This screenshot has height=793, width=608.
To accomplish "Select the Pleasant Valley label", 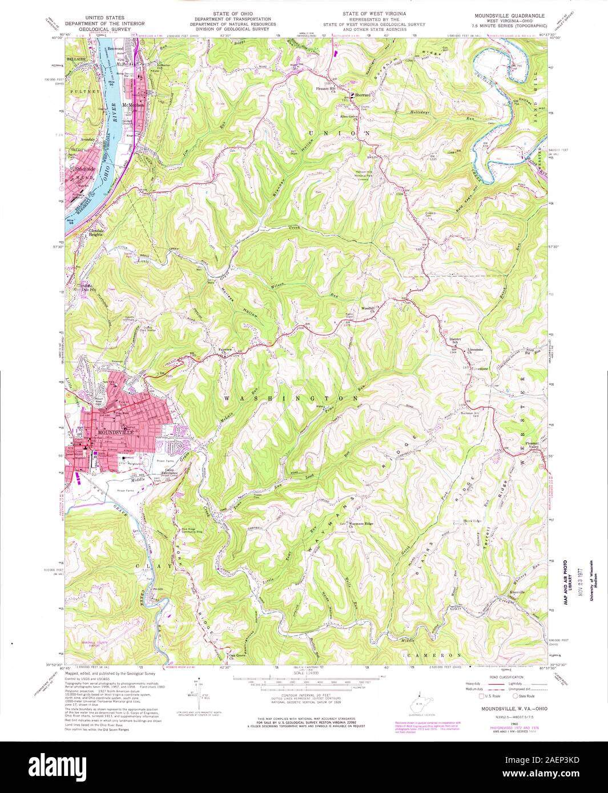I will pyautogui.click(x=530, y=447).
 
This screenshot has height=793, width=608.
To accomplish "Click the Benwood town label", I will pyautogui.click(x=115, y=49).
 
